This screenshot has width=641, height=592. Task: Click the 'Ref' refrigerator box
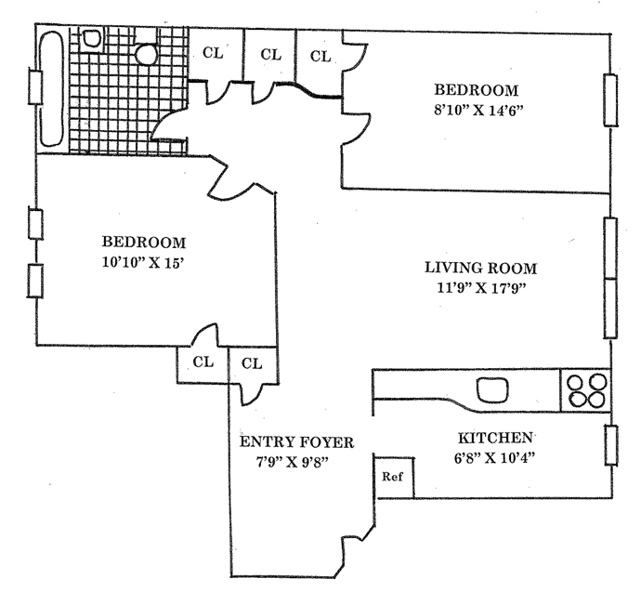point(393,476)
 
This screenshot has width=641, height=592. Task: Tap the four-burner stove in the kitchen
point(584,390)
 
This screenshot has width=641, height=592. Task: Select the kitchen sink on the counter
point(493,389)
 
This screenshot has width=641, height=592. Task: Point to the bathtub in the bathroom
point(52,86)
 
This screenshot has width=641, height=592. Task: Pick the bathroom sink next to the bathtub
point(92,38)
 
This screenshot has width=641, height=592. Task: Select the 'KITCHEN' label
point(495,437)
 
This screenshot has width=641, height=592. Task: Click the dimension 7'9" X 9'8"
point(294,461)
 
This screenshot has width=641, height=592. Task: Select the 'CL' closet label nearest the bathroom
point(213,53)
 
